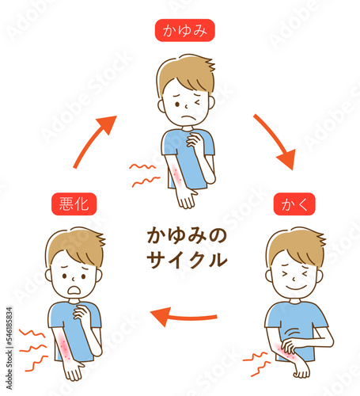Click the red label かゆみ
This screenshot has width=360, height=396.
click(x=184, y=30)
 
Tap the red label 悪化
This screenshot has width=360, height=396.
click(x=74, y=204)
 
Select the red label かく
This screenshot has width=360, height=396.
click(x=294, y=204)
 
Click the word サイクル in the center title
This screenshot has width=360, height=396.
click(x=187, y=260)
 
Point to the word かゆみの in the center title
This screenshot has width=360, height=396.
click(x=187, y=236)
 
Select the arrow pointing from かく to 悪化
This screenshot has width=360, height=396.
click(x=184, y=317)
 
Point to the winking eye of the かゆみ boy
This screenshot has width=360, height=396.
click(x=198, y=101)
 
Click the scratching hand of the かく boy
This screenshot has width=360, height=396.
click(x=290, y=347)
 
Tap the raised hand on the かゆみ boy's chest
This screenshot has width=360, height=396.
click(x=195, y=139)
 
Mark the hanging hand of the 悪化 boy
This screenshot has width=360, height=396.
click(x=74, y=371)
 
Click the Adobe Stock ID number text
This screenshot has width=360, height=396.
click(x=9, y=328)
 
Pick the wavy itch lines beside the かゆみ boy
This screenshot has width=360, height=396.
click(x=144, y=175)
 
